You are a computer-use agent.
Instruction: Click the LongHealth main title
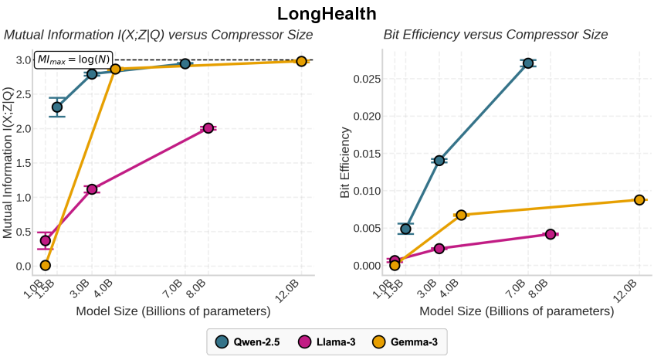(x=327, y=13)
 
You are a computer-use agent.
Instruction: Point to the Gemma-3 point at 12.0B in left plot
(x=301, y=61)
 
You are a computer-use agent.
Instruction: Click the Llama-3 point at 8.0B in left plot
(x=208, y=128)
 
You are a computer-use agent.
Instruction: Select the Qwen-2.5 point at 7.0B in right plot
(x=528, y=63)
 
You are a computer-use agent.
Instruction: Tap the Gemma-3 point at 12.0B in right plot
(x=639, y=200)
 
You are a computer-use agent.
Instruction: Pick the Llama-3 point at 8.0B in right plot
(x=551, y=234)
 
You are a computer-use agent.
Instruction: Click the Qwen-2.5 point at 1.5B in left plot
(x=57, y=107)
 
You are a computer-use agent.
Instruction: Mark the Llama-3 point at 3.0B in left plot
(x=92, y=189)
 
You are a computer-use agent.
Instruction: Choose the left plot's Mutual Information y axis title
(x=8, y=161)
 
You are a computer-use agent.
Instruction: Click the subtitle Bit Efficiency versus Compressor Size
(x=496, y=35)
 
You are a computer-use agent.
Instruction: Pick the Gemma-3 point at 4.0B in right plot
(x=461, y=215)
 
